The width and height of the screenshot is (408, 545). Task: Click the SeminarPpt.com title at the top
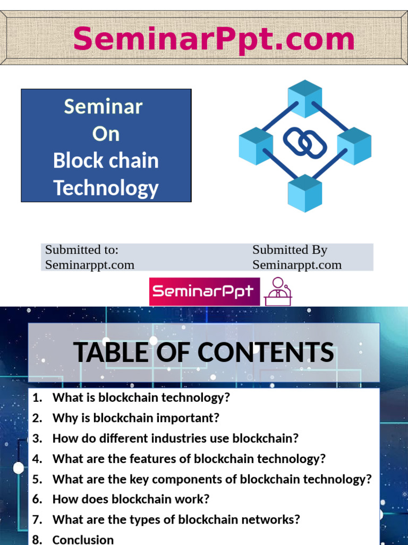[214, 39]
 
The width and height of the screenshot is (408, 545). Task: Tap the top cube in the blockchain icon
[305, 98]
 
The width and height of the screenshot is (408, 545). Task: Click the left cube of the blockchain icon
[256, 145]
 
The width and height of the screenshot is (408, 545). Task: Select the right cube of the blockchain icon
[354, 145]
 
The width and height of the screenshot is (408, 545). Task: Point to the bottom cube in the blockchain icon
[305, 193]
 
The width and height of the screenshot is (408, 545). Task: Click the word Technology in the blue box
[106, 188]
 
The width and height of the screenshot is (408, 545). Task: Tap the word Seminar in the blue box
[103, 106]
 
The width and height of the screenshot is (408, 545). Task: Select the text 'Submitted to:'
[81, 250]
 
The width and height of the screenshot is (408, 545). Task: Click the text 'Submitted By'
[290, 250]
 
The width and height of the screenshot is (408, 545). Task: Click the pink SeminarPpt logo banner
[205, 292]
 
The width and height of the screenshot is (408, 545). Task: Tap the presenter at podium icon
[278, 292]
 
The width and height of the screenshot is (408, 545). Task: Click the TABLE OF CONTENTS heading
[203, 352]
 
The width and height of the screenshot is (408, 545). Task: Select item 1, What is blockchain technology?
[141, 398]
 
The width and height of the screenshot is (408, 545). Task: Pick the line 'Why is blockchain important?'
[135, 418]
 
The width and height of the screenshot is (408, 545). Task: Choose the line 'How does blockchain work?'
[131, 499]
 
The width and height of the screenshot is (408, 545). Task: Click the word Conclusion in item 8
[83, 540]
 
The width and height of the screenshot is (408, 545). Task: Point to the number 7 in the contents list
[36, 519]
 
